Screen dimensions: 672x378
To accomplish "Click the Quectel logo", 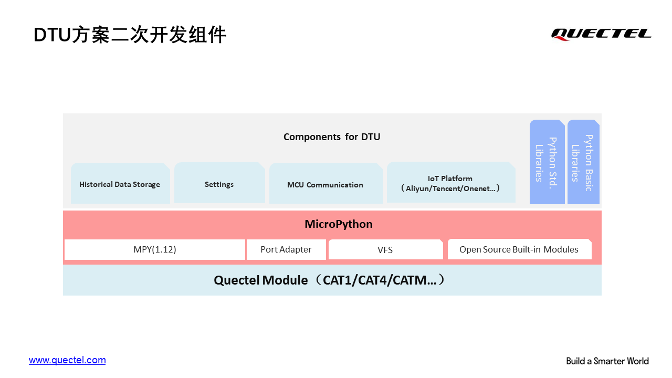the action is (x=601, y=34).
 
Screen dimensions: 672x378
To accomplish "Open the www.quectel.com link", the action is (x=67, y=360).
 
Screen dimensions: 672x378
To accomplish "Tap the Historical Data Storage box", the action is (x=120, y=183).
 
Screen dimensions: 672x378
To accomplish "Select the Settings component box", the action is (x=219, y=183).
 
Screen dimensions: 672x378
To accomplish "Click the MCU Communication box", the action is (x=326, y=183).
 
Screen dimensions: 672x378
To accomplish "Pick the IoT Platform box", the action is (x=451, y=182).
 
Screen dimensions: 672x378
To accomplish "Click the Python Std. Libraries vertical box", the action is (x=547, y=162).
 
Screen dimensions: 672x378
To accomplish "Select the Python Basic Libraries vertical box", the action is (x=583, y=162).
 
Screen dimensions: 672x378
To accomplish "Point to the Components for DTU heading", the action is (x=332, y=137).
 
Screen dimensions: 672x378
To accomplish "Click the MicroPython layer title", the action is (x=339, y=224).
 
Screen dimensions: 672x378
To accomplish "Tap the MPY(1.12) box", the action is (x=155, y=249).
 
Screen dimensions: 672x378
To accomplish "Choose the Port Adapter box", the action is (x=286, y=249).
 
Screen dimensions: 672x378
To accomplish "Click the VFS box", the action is (x=386, y=249).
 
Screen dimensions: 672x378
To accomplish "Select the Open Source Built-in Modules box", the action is (x=520, y=249).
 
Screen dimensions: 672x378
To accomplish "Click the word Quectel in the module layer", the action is (x=237, y=280).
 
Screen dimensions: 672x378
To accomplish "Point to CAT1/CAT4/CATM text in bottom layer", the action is (x=380, y=280).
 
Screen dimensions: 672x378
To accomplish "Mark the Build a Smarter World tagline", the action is (x=607, y=361).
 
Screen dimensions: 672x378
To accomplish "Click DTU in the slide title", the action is (x=52, y=35).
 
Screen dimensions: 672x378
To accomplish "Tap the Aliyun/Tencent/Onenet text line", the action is (x=450, y=188).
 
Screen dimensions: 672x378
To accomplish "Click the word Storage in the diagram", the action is (x=146, y=184).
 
